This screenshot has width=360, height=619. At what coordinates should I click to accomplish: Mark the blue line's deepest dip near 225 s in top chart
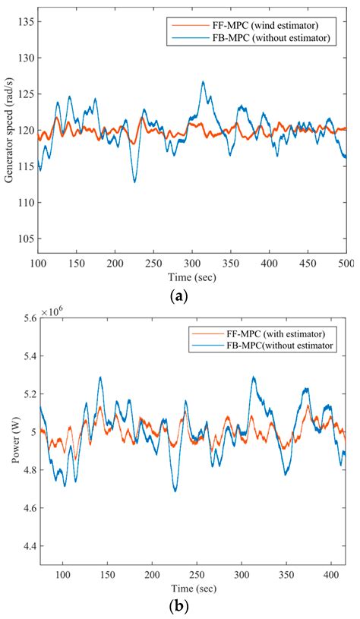[134, 182]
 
